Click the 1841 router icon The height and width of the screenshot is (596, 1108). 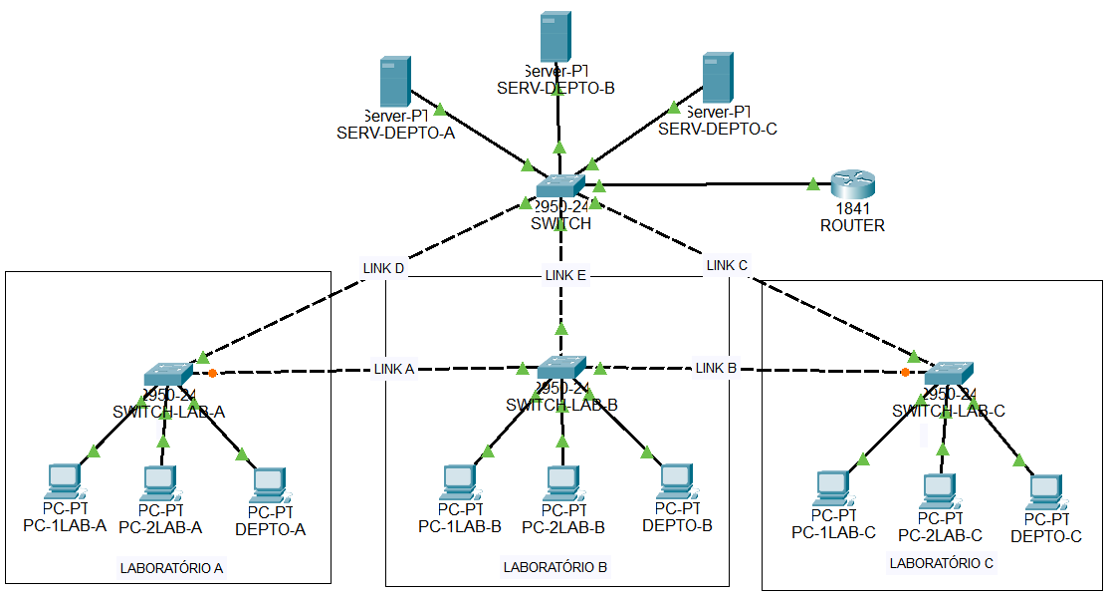tap(852, 183)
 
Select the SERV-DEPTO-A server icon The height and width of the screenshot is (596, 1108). tap(395, 82)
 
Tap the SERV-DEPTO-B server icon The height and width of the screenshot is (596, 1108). tap(554, 37)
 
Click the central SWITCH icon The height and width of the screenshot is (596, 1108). tap(560, 186)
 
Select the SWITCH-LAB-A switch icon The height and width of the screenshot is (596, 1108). tap(168, 374)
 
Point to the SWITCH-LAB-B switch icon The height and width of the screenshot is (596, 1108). tap(561, 367)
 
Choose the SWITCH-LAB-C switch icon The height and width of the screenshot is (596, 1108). tap(949, 374)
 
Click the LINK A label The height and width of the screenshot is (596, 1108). tap(393, 369)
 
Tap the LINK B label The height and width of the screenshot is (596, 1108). tap(716, 368)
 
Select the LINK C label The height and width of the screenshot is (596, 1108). tap(726, 265)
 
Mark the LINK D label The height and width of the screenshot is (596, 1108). tap(383, 268)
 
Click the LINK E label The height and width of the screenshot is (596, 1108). tap(564, 275)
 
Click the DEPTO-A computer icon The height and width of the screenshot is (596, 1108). tap(269, 483)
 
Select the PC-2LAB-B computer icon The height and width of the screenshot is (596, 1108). tap(562, 482)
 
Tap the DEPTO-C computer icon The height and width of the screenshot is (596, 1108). tap(1045, 488)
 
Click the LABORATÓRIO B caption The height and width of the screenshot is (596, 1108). tap(554, 567)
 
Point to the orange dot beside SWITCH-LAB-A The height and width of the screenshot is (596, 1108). tap(213, 374)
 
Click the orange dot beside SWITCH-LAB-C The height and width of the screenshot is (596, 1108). tap(904, 373)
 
